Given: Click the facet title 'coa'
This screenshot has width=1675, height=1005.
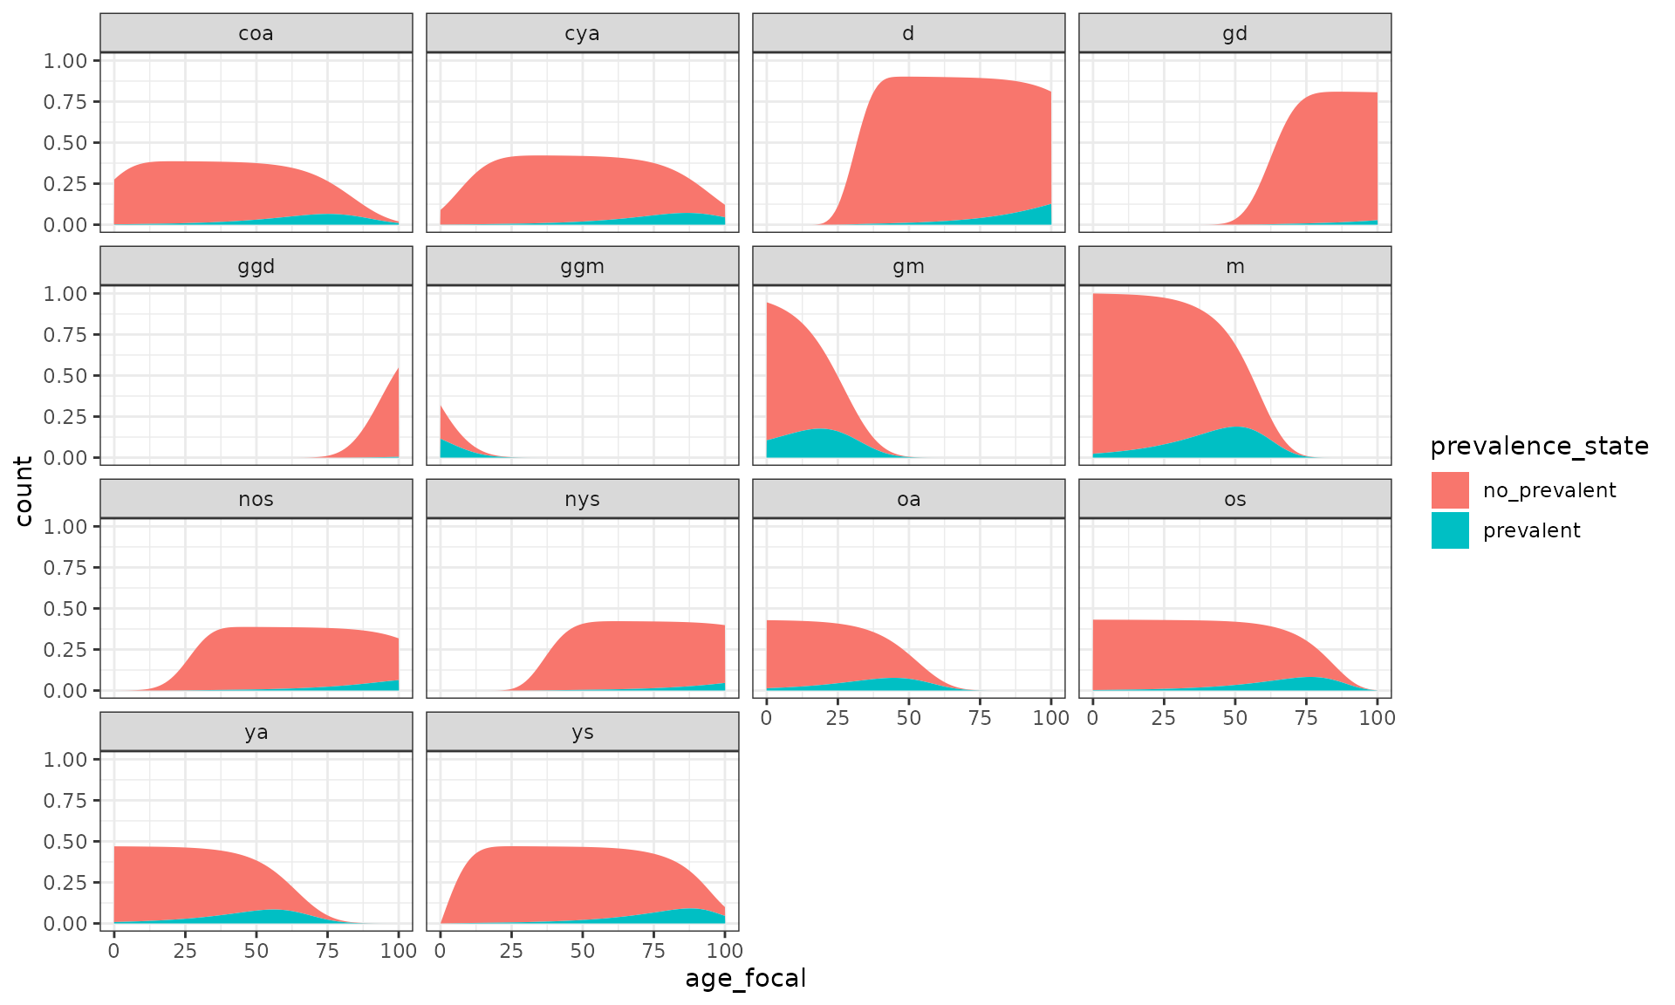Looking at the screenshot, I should pos(256,33).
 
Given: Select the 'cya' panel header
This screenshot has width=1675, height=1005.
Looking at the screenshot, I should pos(582,33).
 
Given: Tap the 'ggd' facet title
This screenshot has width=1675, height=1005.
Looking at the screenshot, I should pos(256,266).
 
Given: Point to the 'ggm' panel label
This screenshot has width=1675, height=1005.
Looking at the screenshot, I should pos(582,266).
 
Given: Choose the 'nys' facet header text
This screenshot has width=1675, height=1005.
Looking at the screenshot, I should pos(582,499).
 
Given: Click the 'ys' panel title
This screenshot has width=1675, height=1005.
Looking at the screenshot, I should pos(582,732).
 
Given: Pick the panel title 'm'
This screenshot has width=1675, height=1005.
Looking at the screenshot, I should pos(1234,266).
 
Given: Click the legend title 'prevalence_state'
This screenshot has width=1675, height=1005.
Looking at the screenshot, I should pos(1539,446).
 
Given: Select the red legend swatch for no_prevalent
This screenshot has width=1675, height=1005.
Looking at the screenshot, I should pos(1450,490).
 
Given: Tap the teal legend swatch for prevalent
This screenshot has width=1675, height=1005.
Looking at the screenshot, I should pos(1450,530).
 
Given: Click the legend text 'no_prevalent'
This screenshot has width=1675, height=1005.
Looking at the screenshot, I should pos(1549,490).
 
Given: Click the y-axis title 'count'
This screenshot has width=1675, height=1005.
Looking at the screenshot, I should pos(24,491).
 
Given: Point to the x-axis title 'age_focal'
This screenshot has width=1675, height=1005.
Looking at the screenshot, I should pos(746,978).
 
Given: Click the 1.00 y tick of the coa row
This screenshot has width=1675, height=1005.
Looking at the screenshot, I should pos(65,60).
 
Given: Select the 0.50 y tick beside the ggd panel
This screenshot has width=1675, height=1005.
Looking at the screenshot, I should pos(65,375).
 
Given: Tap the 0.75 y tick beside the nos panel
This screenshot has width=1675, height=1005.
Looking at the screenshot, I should pos(65,567).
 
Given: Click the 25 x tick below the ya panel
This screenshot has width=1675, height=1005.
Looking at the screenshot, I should pos(185,951).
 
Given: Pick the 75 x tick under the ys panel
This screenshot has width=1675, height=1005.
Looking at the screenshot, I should pos(653,951).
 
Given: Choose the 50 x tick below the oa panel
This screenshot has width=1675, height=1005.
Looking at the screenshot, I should pos(908,718).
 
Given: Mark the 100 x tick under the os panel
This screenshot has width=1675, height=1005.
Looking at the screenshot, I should pos(1377,718).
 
